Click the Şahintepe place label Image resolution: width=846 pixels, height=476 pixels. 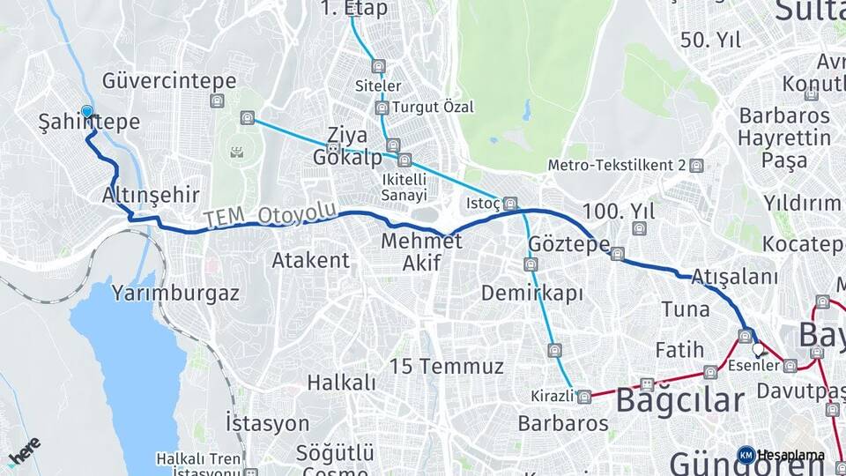(x=89, y=123)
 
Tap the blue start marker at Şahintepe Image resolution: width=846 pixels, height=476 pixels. (x=87, y=111)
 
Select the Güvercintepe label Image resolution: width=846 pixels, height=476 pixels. (x=169, y=81)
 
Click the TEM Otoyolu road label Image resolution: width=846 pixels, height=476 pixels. (x=270, y=214)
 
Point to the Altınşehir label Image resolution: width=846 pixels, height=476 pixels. (x=151, y=195)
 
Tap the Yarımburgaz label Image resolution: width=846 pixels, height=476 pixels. (x=175, y=294)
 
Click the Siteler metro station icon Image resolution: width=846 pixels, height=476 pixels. (x=379, y=67)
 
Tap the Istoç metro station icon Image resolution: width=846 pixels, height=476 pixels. (x=510, y=205)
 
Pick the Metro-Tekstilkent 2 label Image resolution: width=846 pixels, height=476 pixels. (x=617, y=165)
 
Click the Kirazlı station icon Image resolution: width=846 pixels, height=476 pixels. (x=584, y=397)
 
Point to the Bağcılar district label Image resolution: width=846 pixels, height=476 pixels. (x=679, y=399)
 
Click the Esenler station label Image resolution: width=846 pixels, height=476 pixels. (x=755, y=365)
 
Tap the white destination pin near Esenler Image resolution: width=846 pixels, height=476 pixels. (x=758, y=350)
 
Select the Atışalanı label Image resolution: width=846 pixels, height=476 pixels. (x=734, y=277)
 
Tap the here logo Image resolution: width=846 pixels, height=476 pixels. (x=24, y=451)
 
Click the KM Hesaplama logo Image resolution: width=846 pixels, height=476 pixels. (x=780, y=455)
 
